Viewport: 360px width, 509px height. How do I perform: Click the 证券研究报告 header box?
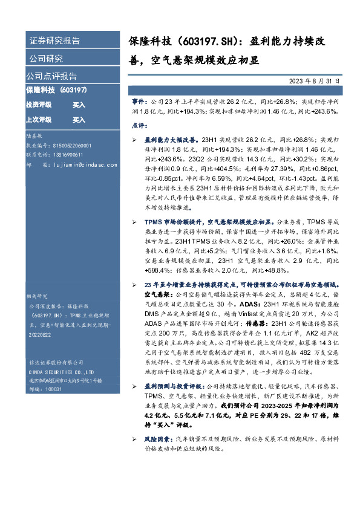[54, 41]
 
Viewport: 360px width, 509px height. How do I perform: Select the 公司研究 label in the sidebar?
[45, 59]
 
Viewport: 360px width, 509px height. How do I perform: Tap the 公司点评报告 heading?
[51, 76]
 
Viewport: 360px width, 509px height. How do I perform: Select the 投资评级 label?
[38, 105]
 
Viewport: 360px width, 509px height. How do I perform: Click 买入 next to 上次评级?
[79, 120]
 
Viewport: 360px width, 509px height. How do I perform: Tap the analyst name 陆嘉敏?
[34, 138]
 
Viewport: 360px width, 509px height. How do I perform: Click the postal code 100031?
[48, 389]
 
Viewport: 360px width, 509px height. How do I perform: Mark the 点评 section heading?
[139, 125]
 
